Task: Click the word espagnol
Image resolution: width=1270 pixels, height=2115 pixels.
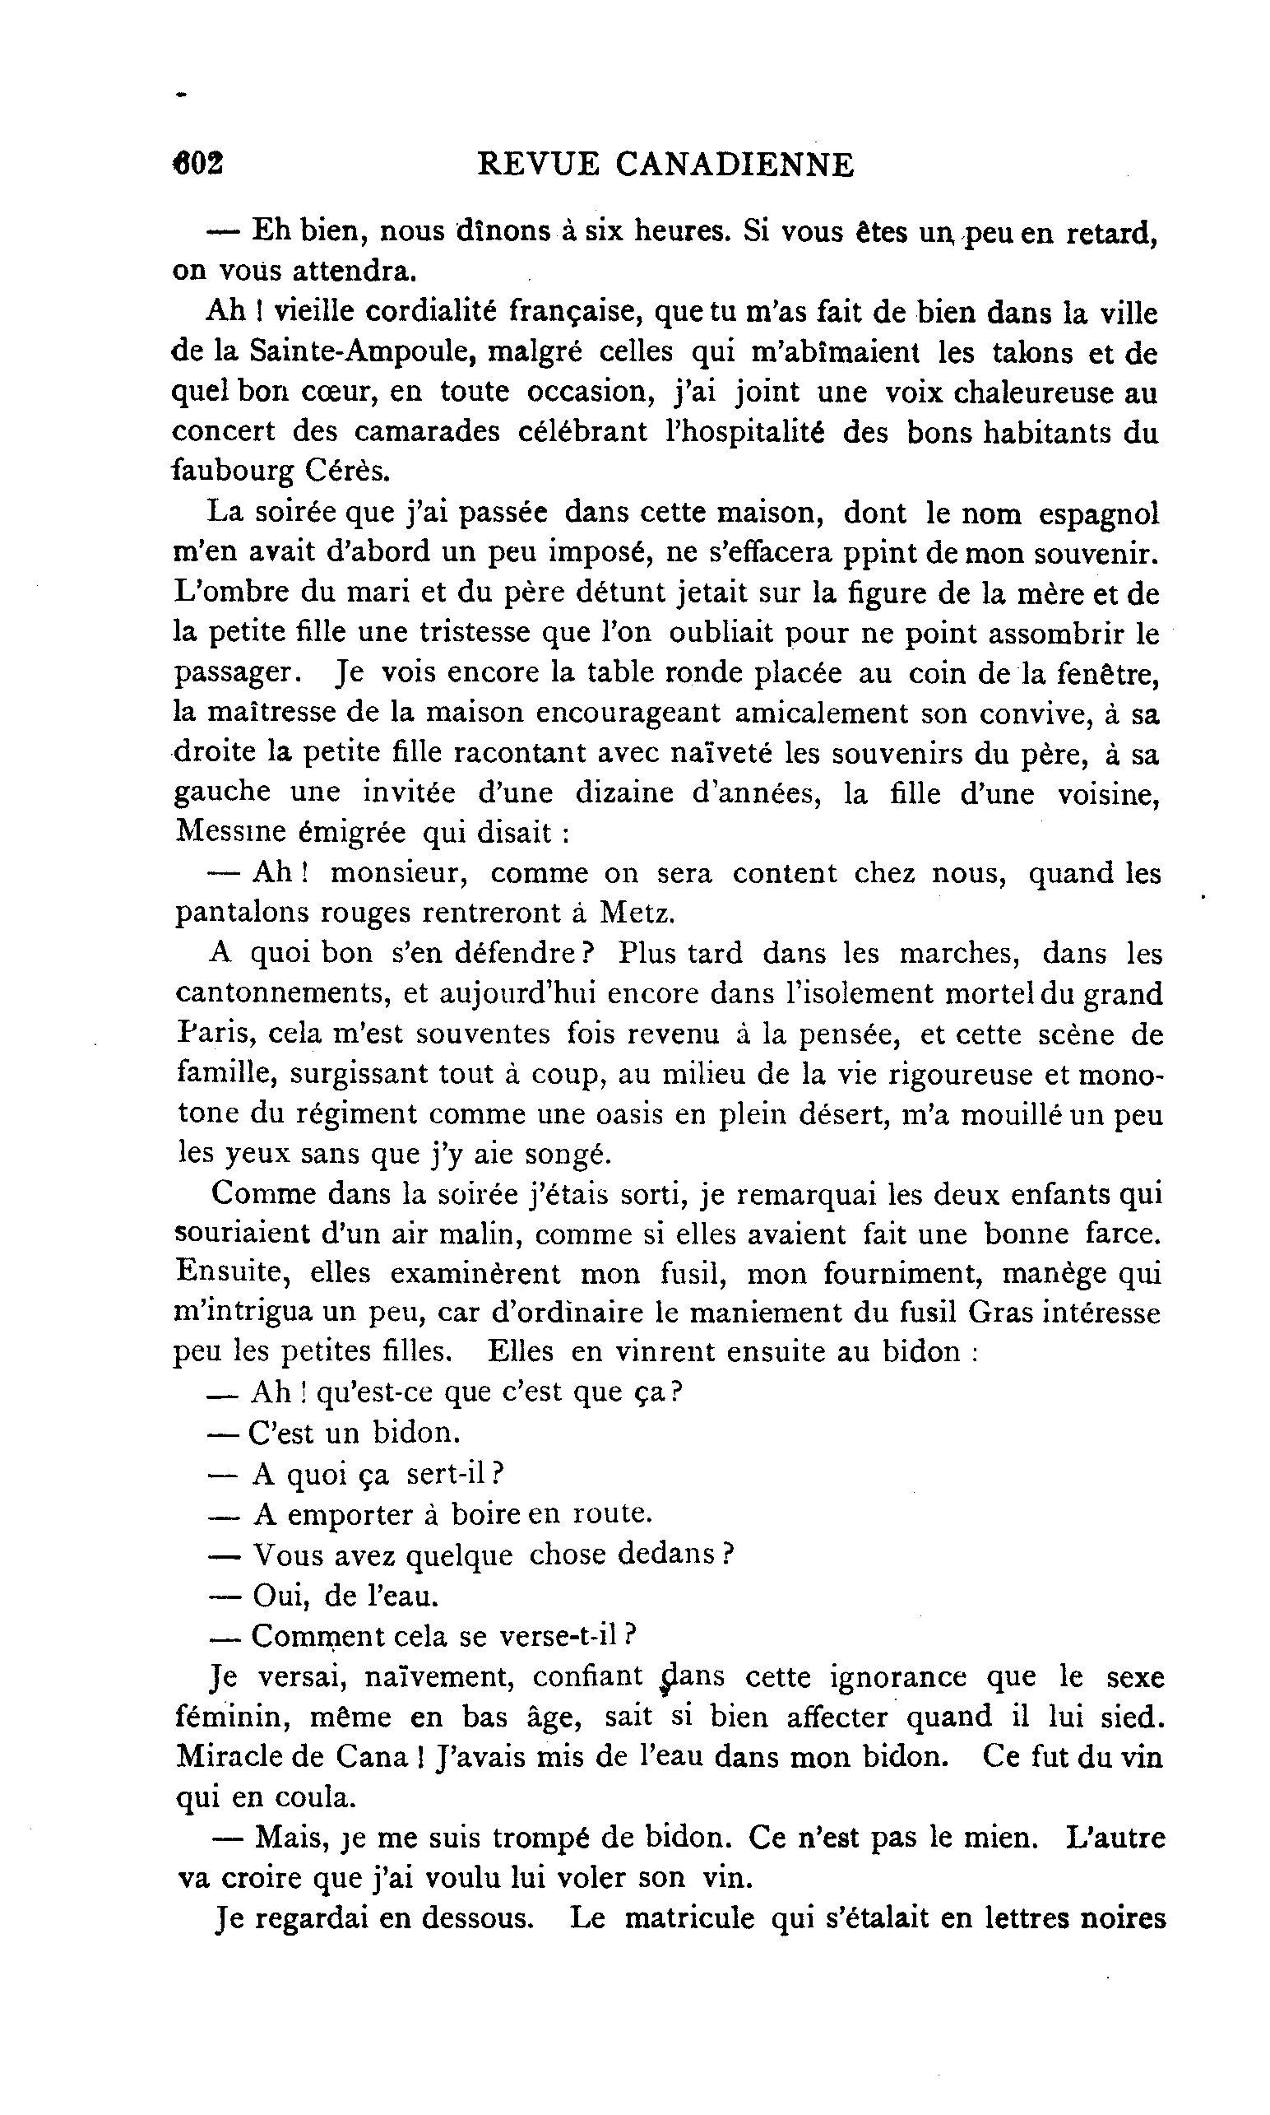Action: pos(1099,513)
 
